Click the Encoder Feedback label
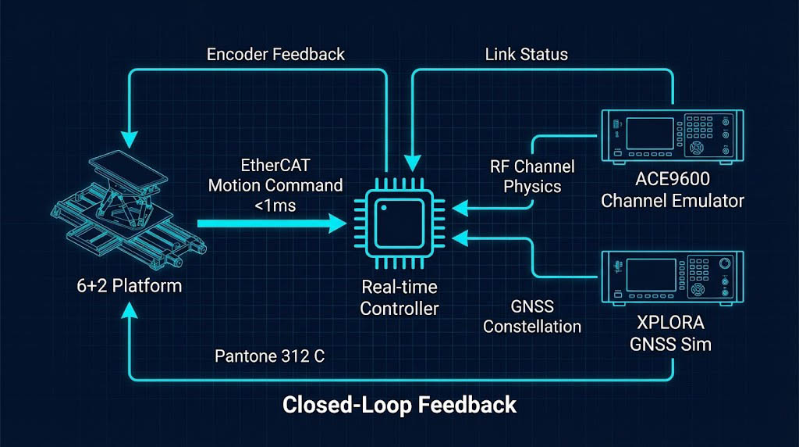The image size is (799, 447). pyautogui.click(x=275, y=55)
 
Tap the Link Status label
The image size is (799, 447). pyautogui.click(x=526, y=55)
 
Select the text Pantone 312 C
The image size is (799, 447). pyautogui.click(x=269, y=356)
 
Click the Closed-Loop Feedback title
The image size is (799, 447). pyautogui.click(x=399, y=405)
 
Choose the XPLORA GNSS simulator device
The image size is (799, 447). pyautogui.click(x=671, y=279)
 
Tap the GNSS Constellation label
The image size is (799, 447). pyautogui.click(x=532, y=316)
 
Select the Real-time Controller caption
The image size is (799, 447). pyautogui.click(x=399, y=298)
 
